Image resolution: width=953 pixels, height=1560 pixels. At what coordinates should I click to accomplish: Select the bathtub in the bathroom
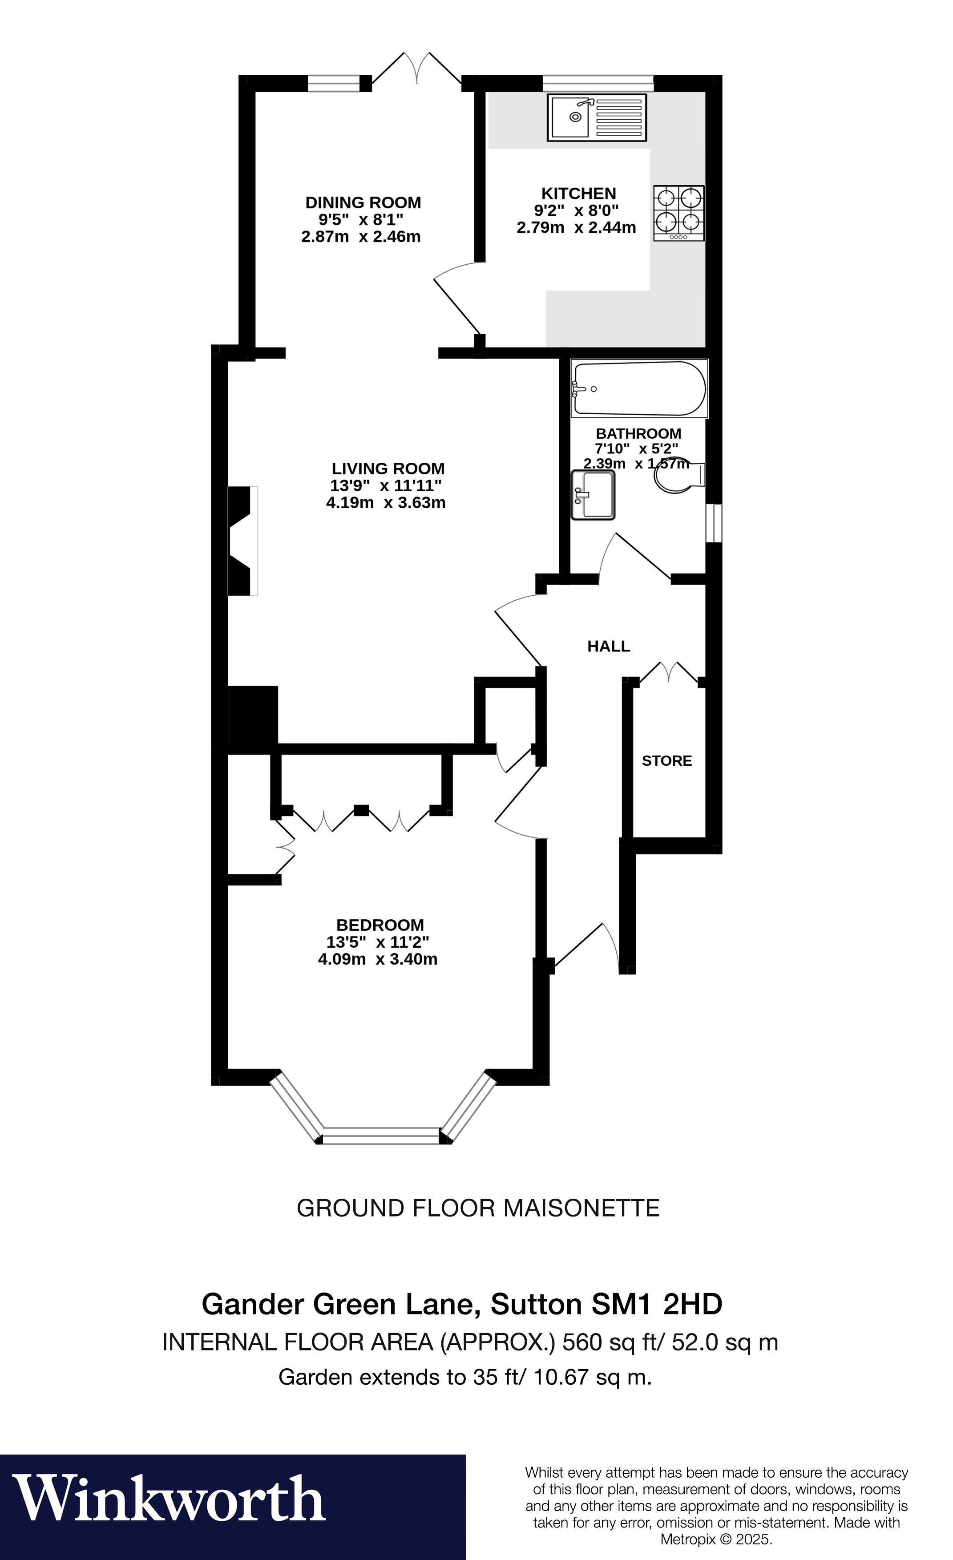tap(638, 389)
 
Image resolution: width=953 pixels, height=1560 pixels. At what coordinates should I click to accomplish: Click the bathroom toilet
tap(678, 476)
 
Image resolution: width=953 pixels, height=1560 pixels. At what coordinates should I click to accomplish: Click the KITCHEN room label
tap(578, 194)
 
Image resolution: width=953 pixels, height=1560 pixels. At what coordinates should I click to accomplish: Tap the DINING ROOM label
tap(363, 202)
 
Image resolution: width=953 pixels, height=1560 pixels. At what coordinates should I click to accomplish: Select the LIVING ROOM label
tap(388, 469)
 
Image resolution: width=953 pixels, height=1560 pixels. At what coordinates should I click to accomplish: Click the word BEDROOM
tap(380, 925)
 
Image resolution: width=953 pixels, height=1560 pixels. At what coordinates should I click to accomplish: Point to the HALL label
tap(609, 647)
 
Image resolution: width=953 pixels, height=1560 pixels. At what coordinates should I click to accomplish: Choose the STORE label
tap(667, 760)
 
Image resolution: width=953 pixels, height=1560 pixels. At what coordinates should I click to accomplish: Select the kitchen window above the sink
tap(598, 82)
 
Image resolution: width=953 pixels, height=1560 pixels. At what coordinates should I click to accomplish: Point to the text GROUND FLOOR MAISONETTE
tap(478, 1208)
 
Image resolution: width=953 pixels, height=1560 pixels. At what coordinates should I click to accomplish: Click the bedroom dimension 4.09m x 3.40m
tap(377, 959)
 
